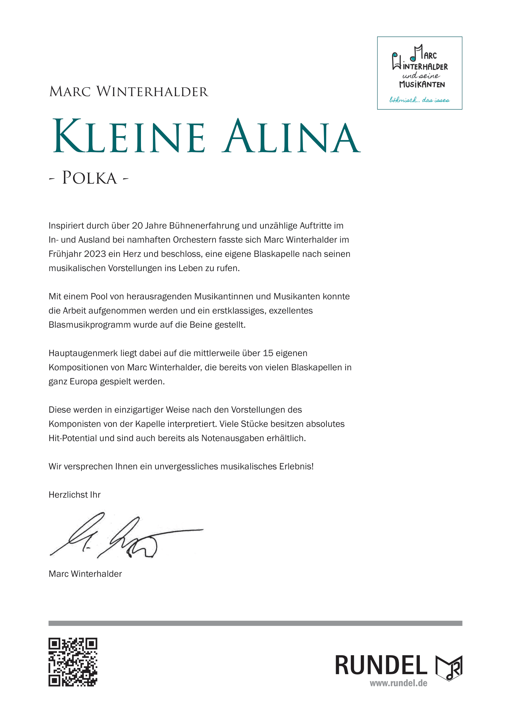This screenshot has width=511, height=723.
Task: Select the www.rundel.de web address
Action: pyautogui.click(x=398, y=683)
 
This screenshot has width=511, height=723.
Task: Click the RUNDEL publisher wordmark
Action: pyautogui.click(x=381, y=666)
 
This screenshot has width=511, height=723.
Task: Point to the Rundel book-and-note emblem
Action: pyautogui.click(x=449, y=668)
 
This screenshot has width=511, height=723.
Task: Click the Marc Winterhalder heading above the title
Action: pyautogui.click(x=129, y=91)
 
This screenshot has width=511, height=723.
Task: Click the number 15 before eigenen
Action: pyautogui.click(x=268, y=353)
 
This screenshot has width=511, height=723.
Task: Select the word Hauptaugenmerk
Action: pyautogui.click(x=83, y=353)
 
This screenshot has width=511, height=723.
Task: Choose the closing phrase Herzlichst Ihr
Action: pyautogui.click(x=74, y=495)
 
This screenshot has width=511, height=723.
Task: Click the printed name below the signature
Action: pyautogui.click(x=85, y=574)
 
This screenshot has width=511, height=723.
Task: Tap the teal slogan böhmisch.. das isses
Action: pyautogui.click(x=419, y=100)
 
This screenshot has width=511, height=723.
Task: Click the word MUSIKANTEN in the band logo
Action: pyautogui.click(x=422, y=84)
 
